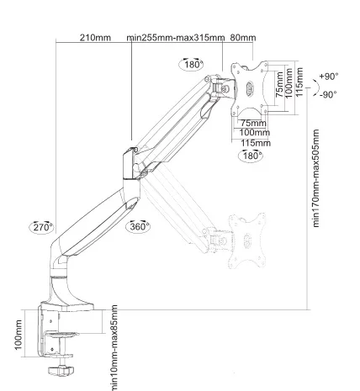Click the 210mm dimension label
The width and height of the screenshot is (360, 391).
pos(95,38)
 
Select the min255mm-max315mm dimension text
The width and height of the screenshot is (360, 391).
pos(176,38)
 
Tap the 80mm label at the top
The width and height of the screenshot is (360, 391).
pos(243,38)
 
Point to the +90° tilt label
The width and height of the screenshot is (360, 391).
pos(329,76)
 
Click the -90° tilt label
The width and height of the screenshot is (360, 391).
pos(328,95)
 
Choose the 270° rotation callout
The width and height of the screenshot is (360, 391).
pos(41,227)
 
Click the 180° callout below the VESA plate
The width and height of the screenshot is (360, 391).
pos(251,156)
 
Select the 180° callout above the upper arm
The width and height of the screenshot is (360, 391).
pos(192,65)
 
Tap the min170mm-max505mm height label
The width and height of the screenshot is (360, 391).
pos(316,178)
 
